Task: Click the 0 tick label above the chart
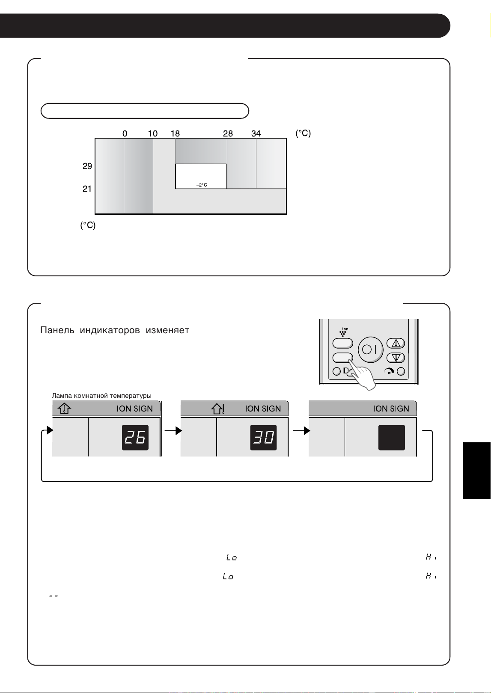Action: pos(125,133)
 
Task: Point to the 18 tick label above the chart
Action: pos(175,133)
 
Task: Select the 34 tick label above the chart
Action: pos(256,133)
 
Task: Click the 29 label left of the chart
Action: pos(87,166)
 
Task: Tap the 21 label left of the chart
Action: pos(87,189)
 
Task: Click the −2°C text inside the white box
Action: pos(202,185)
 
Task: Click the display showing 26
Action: pos(135,438)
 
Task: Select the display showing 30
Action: pos(263,438)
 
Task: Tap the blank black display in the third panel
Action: pos(392,438)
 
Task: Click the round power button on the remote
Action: pos(371,349)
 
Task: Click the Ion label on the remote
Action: pos(345,329)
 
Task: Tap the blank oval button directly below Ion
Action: pos(343,344)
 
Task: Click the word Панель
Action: pos(57,330)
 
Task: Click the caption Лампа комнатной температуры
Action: pos(101,396)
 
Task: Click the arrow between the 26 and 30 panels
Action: pos(173,430)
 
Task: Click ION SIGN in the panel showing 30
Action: pos(263,409)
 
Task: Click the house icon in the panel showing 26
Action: pos(64,409)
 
